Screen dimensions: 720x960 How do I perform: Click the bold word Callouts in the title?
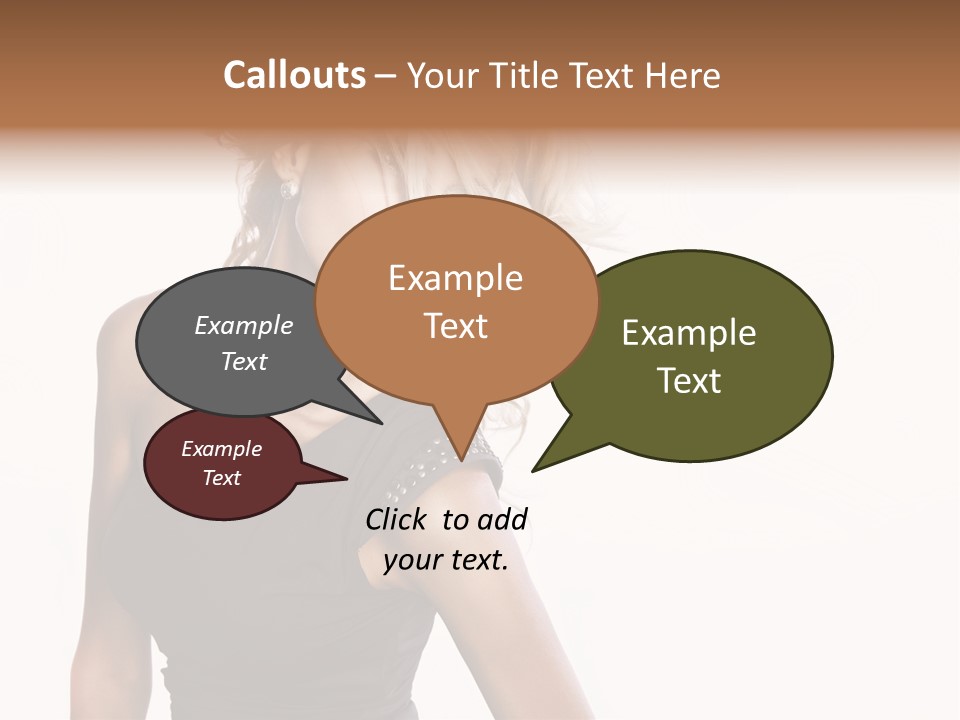pyautogui.click(x=294, y=75)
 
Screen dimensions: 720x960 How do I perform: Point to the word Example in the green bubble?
pyautogui.click(x=689, y=333)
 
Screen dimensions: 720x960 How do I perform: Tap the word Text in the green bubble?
pyautogui.click(x=689, y=381)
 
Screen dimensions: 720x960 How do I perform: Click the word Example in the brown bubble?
pyautogui.click(x=455, y=278)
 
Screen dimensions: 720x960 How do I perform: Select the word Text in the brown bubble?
pyautogui.click(x=455, y=326)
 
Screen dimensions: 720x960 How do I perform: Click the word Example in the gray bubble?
pyautogui.click(x=243, y=326)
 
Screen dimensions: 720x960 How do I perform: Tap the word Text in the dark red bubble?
pyautogui.click(x=222, y=478)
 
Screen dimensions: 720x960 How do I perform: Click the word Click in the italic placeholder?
pyautogui.click(x=397, y=519)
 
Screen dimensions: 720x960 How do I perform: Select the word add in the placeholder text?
pyautogui.click(x=502, y=519)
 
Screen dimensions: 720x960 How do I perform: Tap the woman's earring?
pyautogui.click(x=288, y=190)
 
